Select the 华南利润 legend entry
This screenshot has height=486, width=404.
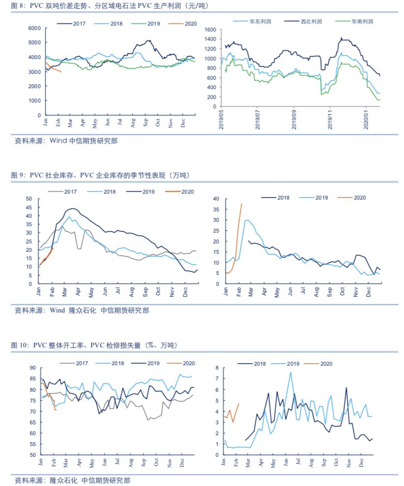(362, 22)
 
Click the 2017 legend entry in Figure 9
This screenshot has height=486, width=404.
(70, 191)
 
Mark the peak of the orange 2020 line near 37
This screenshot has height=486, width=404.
(241, 204)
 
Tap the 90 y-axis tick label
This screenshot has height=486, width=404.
(33, 368)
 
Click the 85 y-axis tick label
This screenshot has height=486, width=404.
(33, 379)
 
